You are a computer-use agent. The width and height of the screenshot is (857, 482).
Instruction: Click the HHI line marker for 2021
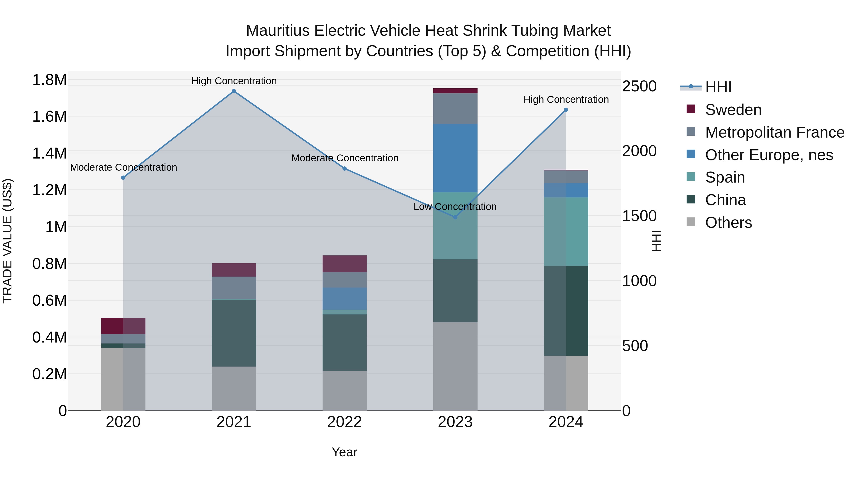coord(234,91)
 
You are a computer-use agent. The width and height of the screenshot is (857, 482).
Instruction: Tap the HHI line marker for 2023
coord(455,217)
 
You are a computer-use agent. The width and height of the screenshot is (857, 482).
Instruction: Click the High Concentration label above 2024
coord(566,99)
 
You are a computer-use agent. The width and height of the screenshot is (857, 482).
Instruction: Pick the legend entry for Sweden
coord(733,110)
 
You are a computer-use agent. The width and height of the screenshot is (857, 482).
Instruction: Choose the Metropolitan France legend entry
coord(774,132)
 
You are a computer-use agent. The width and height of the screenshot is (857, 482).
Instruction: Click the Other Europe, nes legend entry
coord(769,155)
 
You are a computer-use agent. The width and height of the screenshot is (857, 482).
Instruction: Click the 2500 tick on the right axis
coord(639,86)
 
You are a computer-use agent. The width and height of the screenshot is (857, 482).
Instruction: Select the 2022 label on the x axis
coord(344,422)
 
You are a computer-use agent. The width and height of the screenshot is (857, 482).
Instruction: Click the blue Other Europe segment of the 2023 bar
coord(455,158)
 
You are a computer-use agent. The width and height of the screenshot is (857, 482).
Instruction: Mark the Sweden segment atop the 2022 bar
coord(344,264)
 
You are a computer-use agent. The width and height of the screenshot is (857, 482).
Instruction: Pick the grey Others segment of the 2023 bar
coord(455,366)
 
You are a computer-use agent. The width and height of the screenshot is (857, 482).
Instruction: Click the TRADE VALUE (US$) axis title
coord(7,241)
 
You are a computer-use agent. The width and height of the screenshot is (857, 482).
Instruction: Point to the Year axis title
coord(344,452)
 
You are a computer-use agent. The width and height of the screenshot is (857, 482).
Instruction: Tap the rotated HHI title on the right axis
coord(656,241)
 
